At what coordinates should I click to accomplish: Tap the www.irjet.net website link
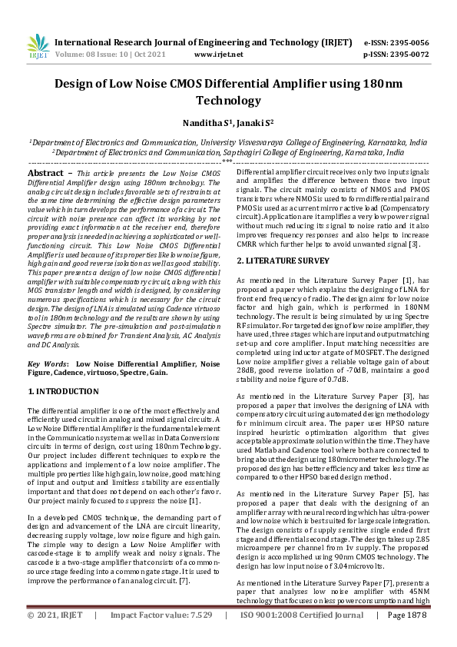pos(219,55)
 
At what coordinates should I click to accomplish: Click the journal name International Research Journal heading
pos(154,42)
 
